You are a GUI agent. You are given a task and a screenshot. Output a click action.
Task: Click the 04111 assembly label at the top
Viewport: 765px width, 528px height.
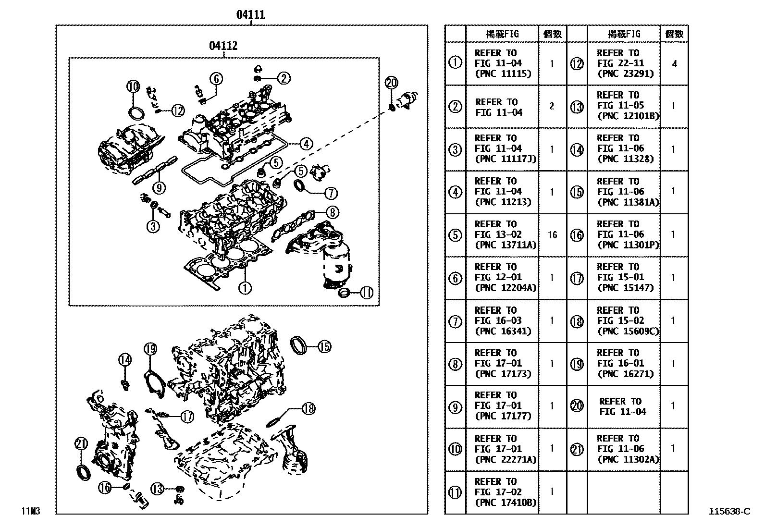click(250, 15)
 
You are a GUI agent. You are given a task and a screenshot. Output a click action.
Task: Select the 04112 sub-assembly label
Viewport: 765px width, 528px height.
click(223, 46)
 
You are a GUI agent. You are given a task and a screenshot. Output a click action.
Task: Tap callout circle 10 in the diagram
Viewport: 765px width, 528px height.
click(133, 86)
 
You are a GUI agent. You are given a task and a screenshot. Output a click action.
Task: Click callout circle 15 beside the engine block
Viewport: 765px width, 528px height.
click(324, 346)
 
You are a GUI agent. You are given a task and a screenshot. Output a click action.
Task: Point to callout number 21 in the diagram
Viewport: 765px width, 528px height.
click(81, 443)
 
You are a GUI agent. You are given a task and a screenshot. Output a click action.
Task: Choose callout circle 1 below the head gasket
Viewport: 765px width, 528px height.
click(245, 288)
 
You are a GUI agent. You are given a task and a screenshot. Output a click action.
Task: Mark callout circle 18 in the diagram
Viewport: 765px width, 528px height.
click(308, 408)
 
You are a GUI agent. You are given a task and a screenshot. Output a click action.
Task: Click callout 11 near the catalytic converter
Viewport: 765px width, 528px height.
click(366, 292)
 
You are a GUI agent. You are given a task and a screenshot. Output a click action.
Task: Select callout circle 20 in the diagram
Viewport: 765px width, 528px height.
click(392, 83)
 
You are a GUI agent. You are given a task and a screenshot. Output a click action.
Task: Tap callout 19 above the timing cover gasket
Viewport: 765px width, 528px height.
click(150, 349)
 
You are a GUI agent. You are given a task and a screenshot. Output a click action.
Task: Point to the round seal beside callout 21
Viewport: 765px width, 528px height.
click(83, 472)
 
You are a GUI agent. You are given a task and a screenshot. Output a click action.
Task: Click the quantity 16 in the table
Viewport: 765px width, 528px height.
click(552, 235)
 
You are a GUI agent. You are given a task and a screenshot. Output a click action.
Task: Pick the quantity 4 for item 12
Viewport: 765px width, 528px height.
click(674, 63)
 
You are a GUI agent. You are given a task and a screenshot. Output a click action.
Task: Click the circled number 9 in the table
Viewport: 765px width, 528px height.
click(455, 407)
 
